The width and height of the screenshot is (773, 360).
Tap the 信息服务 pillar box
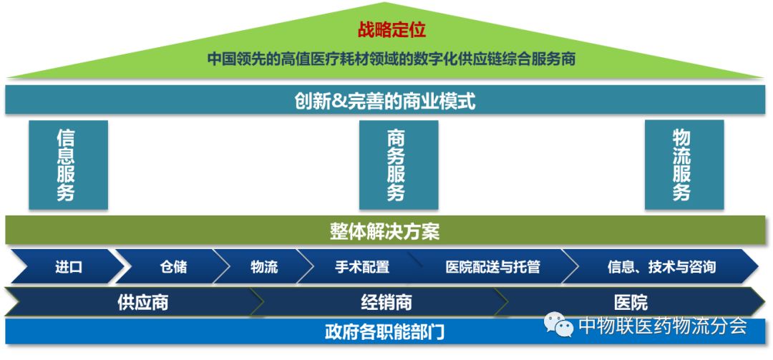pyautogui.click(x=68, y=165)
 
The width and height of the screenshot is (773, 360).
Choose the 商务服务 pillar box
pyautogui.click(x=398, y=165)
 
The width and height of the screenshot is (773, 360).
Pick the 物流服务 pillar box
pyautogui.click(x=684, y=165)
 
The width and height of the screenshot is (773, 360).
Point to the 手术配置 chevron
pyautogui.click(x=361, y=267)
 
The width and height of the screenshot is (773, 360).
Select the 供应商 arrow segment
pyautogui.click(x=142, y=302)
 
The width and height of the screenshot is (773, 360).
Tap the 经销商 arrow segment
pyautogui.click(x=386, y=302)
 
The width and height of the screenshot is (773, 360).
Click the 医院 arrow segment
pyautogui.click(x=630, y=302)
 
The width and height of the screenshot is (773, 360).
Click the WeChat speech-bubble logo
pyautogui.click(x=559, y=326)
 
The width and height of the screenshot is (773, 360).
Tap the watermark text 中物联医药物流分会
pyautogui.click(x=662, y=326)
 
